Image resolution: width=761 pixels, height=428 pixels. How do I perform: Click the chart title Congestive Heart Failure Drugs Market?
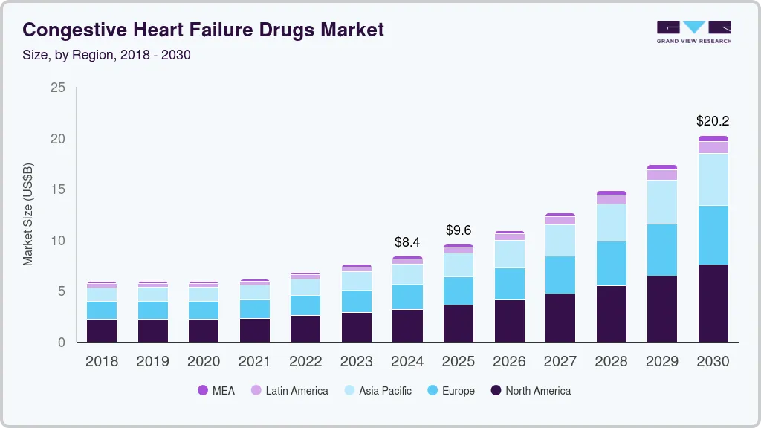[x=204, y=30]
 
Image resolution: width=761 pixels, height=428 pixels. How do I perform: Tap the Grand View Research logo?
[x=693, y=31]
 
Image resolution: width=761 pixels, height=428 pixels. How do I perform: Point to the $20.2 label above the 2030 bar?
[x=713, y=120]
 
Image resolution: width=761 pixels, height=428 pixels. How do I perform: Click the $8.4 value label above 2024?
[x=407, y=241]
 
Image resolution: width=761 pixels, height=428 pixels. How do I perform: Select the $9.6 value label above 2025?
[x=459, y=230]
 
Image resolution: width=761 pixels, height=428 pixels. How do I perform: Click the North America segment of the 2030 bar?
[x=713, y=303]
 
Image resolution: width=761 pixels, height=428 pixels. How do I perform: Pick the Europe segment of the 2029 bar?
[x=662, y=250]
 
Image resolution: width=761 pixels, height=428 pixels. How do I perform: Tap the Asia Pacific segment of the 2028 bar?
[x=611, y=222]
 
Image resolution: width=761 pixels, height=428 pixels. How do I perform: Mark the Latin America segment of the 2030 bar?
[x=713, y=147]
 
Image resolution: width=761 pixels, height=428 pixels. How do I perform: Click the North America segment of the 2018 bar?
[x=101, y=331]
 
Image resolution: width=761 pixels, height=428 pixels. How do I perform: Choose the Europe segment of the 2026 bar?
[x=509, y=284]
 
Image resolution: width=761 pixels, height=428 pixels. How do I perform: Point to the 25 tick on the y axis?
[x=57, y=88]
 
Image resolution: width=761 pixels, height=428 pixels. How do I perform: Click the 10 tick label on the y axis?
[x=57, y=241]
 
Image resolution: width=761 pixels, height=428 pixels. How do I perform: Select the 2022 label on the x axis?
[x=305, y=362]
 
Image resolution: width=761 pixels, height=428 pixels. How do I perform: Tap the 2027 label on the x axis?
[x=560, y=362]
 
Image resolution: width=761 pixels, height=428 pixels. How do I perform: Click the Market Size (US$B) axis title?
[x=28, y=215]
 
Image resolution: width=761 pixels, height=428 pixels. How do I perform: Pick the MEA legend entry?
[x=216, y=390]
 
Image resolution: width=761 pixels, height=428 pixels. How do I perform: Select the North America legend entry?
[x=530, y=390]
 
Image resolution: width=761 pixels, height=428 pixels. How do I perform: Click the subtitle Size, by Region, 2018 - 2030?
[x=106, y=55]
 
